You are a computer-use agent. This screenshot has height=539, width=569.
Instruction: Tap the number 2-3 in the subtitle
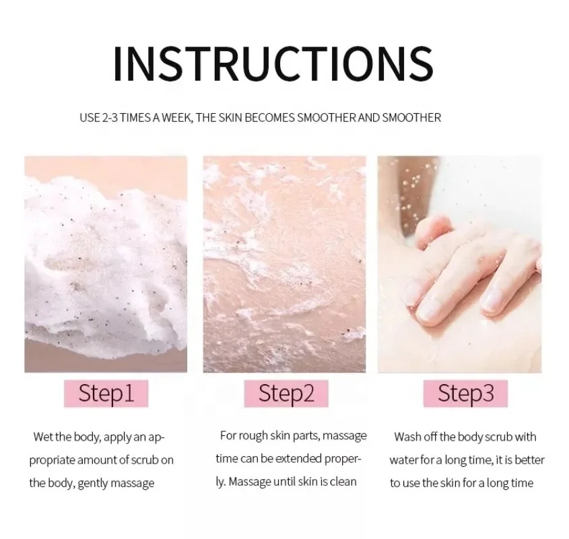pos(111,118)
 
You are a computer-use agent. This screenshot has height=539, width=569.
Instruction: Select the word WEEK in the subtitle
pos(178,118)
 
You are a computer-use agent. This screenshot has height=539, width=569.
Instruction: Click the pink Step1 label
pos(106,393)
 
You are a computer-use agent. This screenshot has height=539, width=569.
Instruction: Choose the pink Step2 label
pos(286,393)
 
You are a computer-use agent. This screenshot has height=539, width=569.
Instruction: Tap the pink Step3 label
pos(465,393)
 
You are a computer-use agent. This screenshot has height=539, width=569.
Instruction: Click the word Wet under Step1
pos(44,437)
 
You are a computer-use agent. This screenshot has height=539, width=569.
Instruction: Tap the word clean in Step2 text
pos(342,482)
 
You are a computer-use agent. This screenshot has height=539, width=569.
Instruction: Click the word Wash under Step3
pos(408,437)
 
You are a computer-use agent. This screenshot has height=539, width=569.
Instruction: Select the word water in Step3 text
pos(405,460)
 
